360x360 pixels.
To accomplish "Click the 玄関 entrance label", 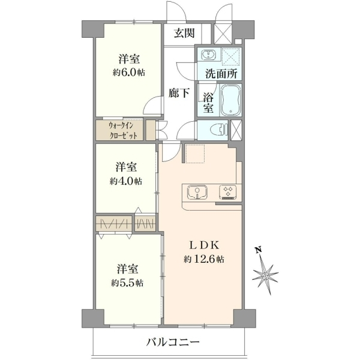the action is [184, 33].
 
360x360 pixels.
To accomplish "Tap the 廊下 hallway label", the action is [179, 93].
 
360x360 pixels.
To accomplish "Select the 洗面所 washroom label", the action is [221, 73].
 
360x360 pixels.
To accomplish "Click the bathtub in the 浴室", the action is [231, 100].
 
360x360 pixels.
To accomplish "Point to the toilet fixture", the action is [219, 130].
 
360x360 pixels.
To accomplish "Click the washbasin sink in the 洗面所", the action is [209, 55].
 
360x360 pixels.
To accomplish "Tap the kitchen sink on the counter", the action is [197, 193].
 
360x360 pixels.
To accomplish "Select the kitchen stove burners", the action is [228, 192].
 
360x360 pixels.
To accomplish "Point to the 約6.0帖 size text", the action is [129, 73].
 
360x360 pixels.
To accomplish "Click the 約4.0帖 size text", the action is [126, 181].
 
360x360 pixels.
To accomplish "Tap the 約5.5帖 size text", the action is [127, 283].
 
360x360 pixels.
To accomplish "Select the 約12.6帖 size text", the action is [204, 259].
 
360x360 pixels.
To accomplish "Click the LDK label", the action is [204, 245].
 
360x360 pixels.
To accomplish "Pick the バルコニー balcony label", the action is [173, 343].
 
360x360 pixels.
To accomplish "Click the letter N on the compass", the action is [259, 250].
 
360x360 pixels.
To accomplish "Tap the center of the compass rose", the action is [266, 275].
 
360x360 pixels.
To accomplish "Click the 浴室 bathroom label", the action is [208, 103].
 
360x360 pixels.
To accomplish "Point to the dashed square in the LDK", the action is [195, 154].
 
